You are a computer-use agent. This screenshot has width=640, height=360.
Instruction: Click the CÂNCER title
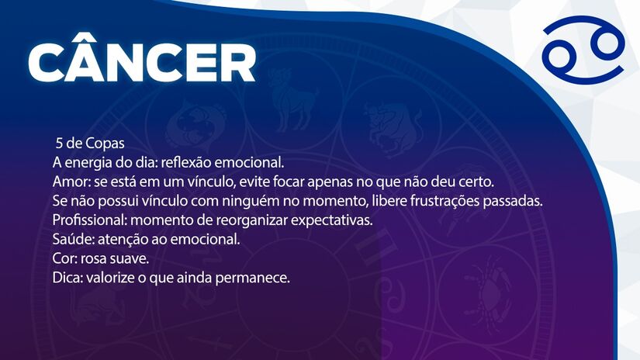142,61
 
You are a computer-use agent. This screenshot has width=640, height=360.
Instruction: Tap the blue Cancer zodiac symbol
583,55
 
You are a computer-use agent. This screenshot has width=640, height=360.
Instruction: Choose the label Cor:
64,258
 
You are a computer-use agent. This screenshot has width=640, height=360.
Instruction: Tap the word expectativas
330,220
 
